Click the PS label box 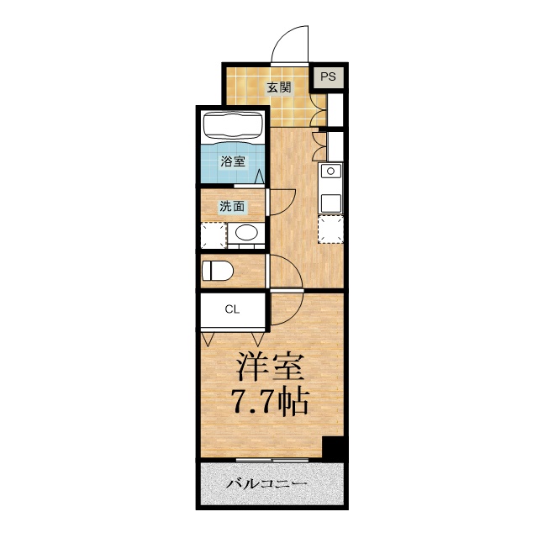pos(329,76)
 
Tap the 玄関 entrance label pos(279,87)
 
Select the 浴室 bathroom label pos(233,161)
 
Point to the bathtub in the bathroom pos(233,127)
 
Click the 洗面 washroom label pos(232,206)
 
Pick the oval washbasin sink pos(246,233)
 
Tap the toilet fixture pos(217,271)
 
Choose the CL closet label pos(232,309)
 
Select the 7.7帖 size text pos(271,402)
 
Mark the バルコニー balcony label pos(266,484)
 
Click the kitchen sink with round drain pos(330,171)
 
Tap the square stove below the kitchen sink pos(330,203)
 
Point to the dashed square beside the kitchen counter pos(330,229)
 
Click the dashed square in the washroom pos(214,235)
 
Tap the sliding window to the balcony pos(272,460)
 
